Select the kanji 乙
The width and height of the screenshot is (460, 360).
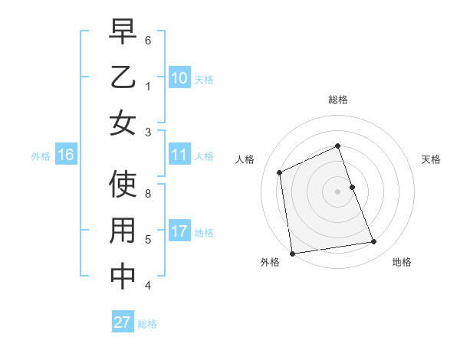tap(123, 78)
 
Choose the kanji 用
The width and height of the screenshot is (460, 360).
tap(123, 231)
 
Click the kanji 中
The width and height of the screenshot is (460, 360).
tap(123, 277)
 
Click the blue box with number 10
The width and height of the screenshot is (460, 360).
tap(179, 78)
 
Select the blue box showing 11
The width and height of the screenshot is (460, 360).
tap(179, 155)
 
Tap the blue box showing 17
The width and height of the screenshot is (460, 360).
tap(179, 231)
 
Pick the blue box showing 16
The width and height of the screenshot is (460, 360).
tap(66, 155)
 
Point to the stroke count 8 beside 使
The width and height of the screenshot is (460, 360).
tap(148, 195)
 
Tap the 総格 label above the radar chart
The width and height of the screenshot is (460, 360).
tap(338, 100)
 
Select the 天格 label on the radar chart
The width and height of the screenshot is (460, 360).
tap(431, 159)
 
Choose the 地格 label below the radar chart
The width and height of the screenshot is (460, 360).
tap(402, 262)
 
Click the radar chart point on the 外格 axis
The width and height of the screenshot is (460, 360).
tap(292, 254)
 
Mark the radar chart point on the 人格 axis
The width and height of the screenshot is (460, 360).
tap(280, 172)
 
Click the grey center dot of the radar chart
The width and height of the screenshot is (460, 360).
tap(338, 191)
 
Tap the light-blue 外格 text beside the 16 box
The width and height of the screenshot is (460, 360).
tap(40, 155)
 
